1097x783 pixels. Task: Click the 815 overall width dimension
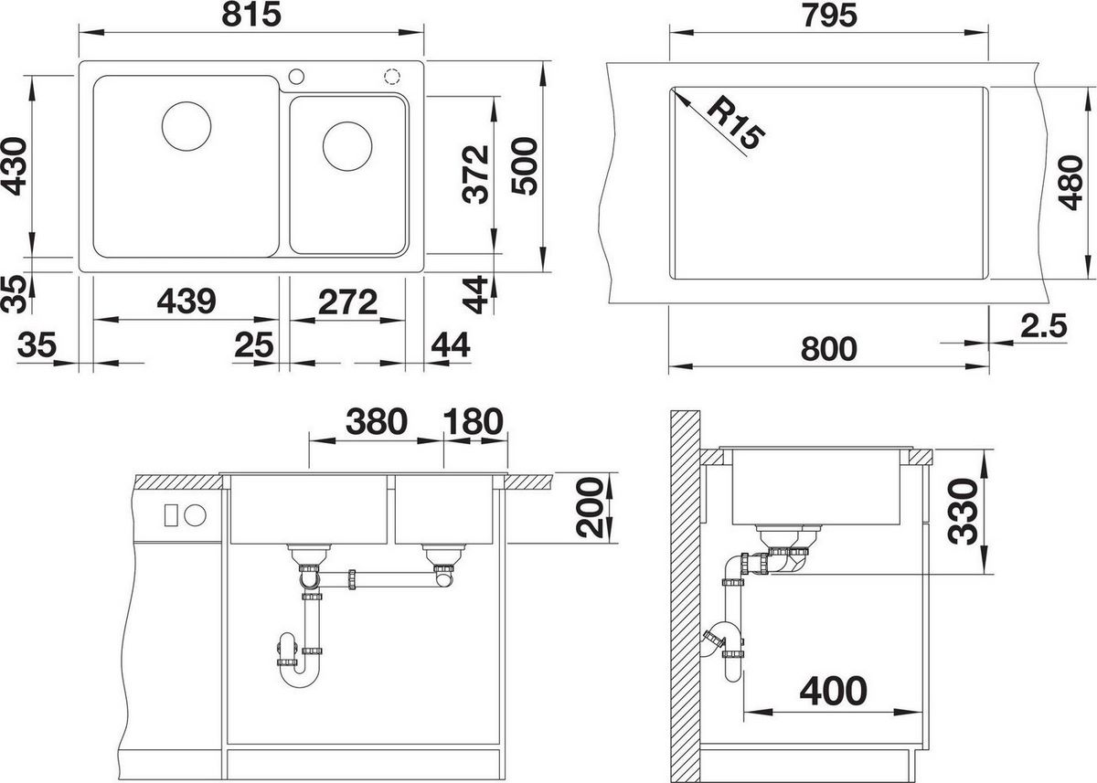pyautogui.click(x=251, y=16)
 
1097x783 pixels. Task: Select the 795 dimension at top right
pyautogui.click(x=830, y=16)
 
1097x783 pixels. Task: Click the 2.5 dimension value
pyautogui.click(x=1044, y=325)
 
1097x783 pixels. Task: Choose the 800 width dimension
pyautogui.click(x=829, y=348)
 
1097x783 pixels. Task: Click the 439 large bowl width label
pyautogui.click(x=186, y=301)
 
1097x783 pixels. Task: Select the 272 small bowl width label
pyautogui.click(x=347, y=302)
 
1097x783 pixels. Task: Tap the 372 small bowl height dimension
pyautogui.click(x=475, y=175)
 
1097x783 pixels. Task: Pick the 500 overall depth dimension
pyautogui.click(x=525, y=166)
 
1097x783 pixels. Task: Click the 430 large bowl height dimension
pyautogui.click(x=14, y=167)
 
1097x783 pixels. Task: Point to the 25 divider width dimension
pyautogui.click(x=254, y=344)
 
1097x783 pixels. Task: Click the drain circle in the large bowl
pyautogui.click(x=186, y=126)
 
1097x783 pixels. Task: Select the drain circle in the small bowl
pyautogui.click(x=347, y=146)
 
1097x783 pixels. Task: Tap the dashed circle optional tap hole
pyautogui.click(x=392, y=77)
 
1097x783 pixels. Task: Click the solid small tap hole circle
pyautogui.click(x=296, y=77)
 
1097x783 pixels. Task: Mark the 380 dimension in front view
pyautogui.click(x=376, y=421)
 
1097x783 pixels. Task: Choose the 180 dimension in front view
pyautogui.click(x=474, y=421)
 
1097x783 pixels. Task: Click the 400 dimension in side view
pyautogui.click(x=833, y=691)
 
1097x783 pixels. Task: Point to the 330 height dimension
pyautogui.click(x=963, y=511)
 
